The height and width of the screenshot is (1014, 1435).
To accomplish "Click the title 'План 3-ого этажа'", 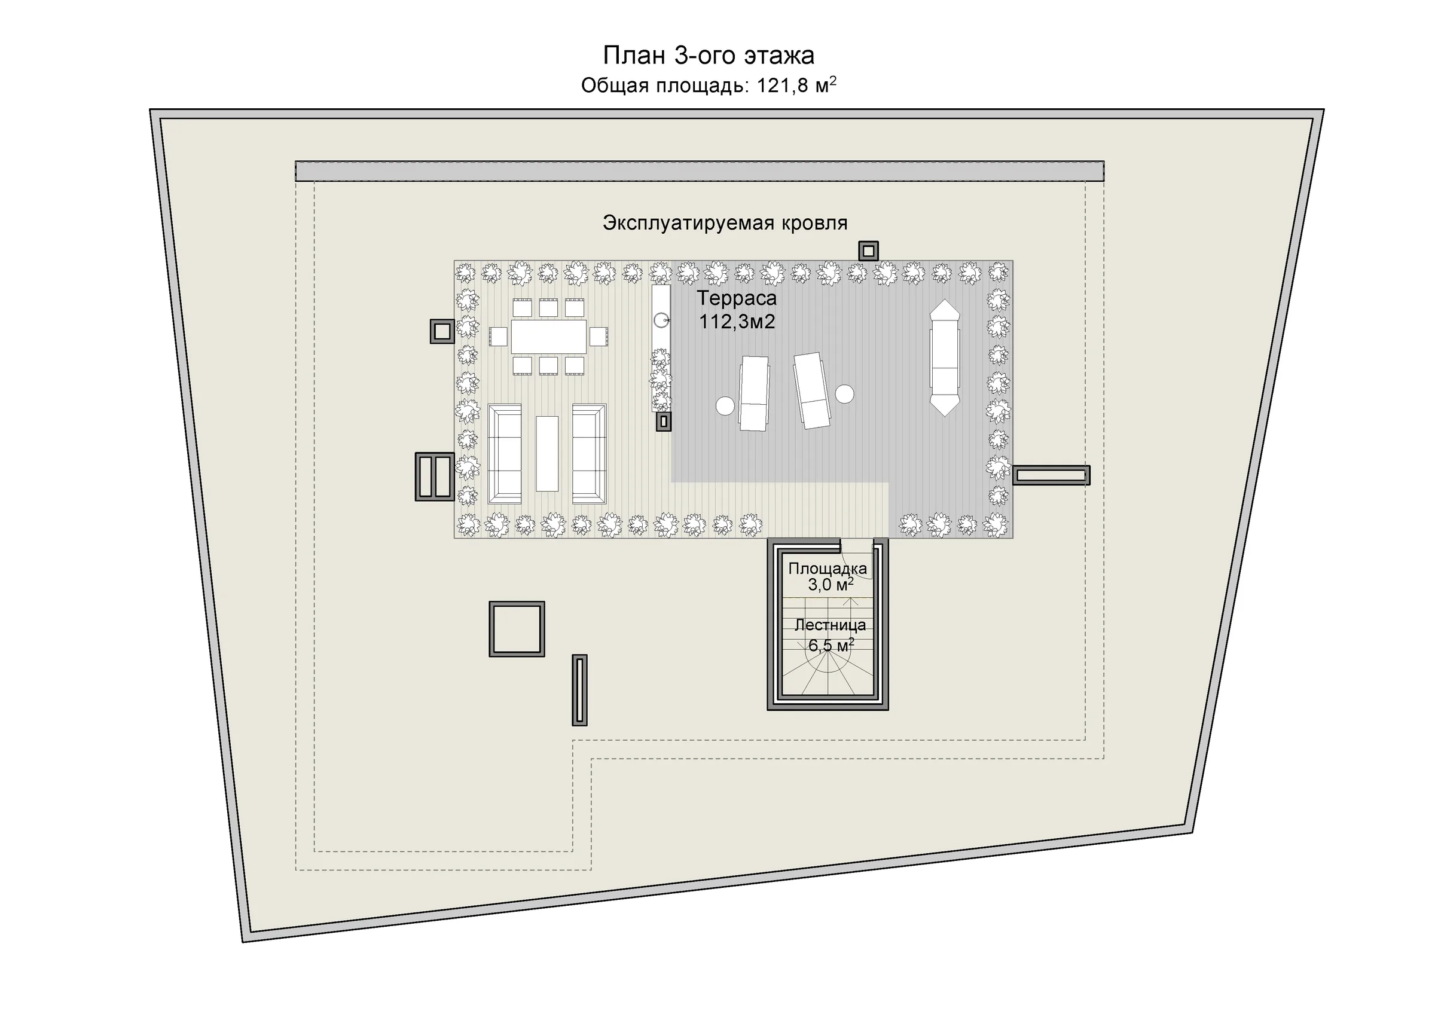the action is (708, 56).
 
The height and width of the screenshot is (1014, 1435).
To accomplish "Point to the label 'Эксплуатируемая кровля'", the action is (725, 223).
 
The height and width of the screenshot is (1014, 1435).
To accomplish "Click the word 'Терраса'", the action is (737, 298).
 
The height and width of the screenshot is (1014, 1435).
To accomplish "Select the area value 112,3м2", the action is (737, 322).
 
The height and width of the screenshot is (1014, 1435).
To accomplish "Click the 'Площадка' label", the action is (828, 569).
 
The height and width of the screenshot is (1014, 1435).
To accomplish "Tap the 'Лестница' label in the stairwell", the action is (830, 625).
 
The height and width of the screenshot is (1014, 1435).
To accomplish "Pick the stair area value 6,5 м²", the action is (831, 645).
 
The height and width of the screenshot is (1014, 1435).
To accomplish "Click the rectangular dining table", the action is (549, 336).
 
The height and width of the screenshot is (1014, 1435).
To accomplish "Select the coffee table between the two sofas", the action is (547, 454).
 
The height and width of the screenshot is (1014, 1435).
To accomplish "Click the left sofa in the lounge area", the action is (505, 454).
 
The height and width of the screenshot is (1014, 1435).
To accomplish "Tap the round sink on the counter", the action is (661, 320).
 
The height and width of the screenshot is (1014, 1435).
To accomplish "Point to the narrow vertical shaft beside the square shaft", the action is (579, 691).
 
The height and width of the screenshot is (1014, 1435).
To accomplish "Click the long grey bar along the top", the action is (700, 171).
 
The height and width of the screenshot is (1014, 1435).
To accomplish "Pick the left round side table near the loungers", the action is (725, 405).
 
